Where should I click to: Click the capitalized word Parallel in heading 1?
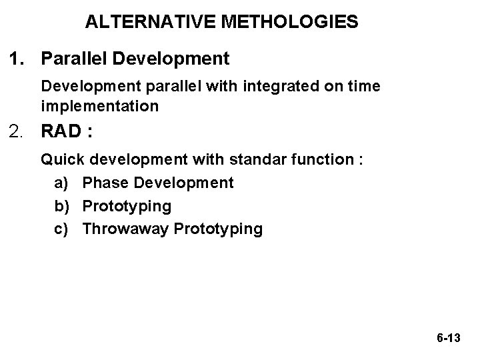pyautogui.click(x=74, y=59)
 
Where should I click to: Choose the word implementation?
pyautogui.click(x=99, y=106)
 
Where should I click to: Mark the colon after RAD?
pyautogui.click(x=89, y=133)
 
